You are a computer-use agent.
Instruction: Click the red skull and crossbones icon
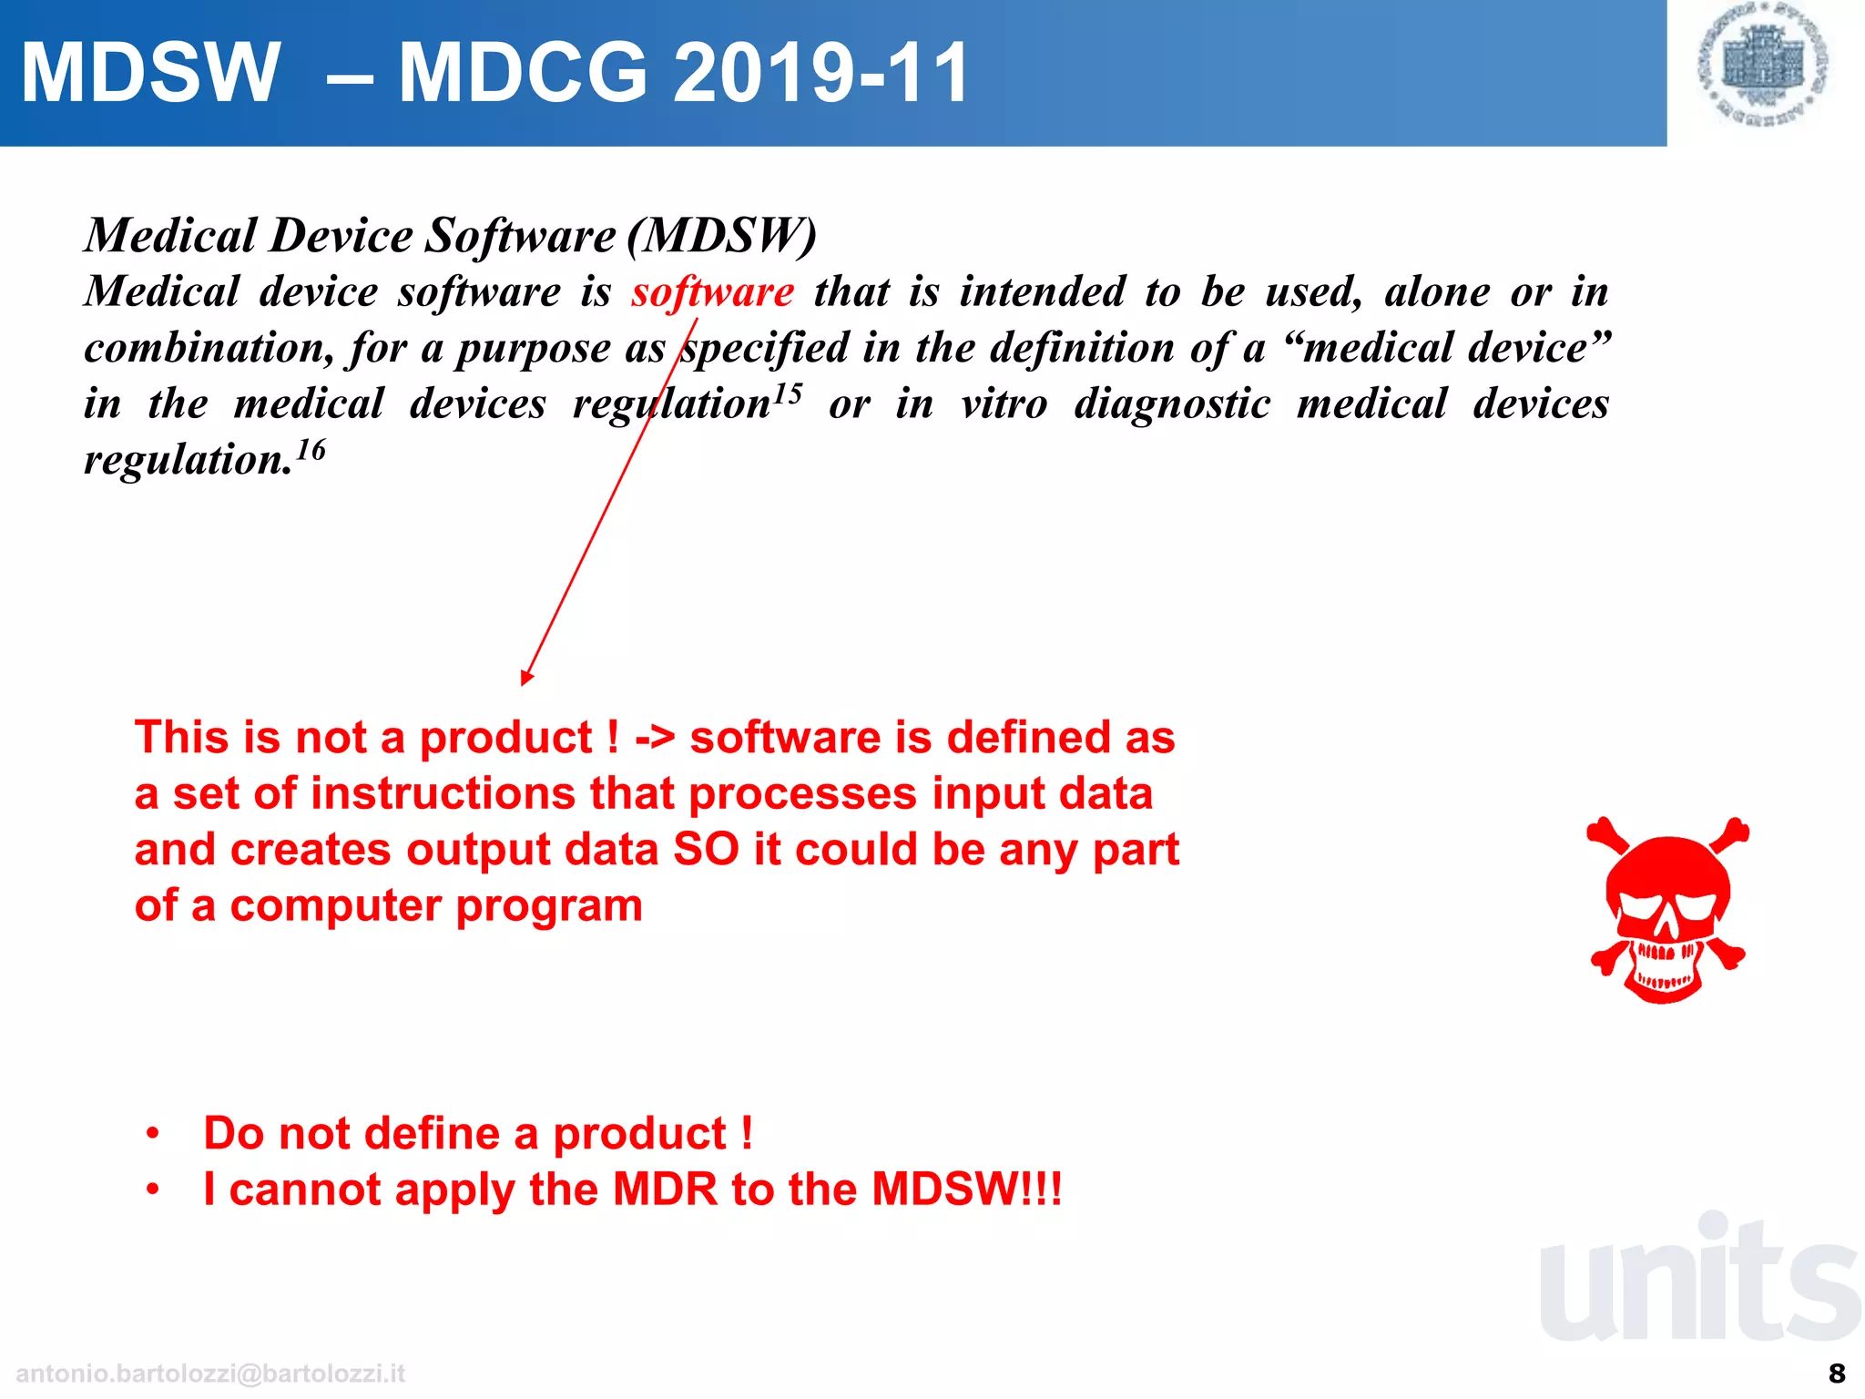[x=1667, y=910]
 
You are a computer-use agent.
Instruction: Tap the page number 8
[x=1837, y=1373]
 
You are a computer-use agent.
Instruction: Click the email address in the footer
[x=210, y=1373]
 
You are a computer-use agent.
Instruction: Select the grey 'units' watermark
[x=1699, y=1280]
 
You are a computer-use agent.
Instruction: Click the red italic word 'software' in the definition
[x=713, y=292]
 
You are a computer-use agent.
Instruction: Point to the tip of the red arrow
[x=524, y=681]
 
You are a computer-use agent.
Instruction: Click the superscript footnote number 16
[x=311, y=450]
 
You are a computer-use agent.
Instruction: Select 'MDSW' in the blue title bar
[x=150, y=73]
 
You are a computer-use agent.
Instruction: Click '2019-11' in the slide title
[x=820, y=73]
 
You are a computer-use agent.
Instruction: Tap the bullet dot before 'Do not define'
[x=153, y=1134]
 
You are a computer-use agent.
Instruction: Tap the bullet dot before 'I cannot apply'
[x=153, y=1190]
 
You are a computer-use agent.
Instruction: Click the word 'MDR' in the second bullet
[x=665, y=1190]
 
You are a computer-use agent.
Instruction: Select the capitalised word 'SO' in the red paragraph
[x=706, y=850]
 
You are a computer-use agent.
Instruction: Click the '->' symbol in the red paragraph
[x=655, y=738]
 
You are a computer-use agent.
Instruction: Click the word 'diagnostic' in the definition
[x=1172, y=404]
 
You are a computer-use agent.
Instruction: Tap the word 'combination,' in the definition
[x=209, y=349]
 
